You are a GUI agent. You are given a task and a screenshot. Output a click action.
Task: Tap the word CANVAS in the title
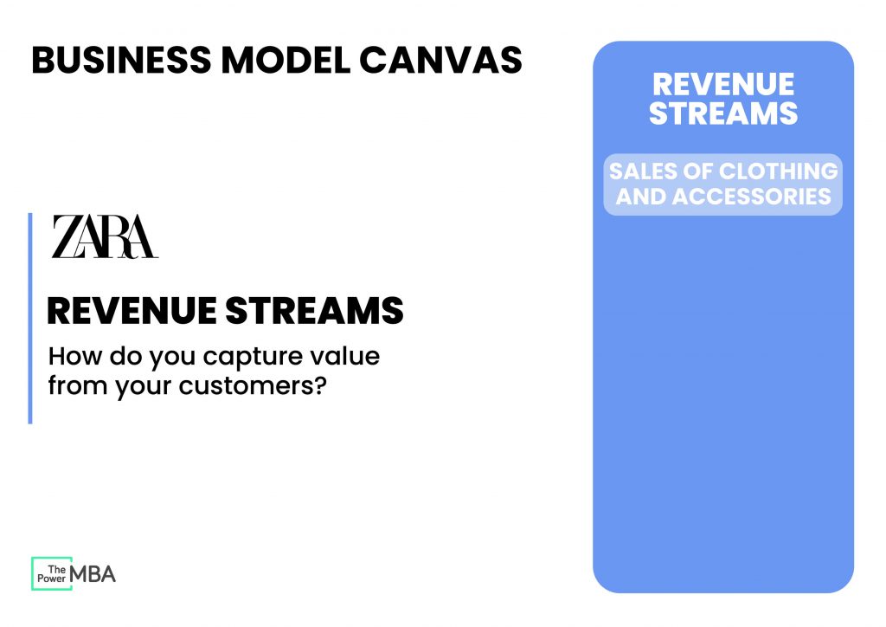pos(440,60)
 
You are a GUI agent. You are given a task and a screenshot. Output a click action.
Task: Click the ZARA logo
pos(105,236)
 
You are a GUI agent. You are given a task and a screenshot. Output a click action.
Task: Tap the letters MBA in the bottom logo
pos(93,573)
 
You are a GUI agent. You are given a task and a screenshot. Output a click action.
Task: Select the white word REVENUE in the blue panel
pos(722,85)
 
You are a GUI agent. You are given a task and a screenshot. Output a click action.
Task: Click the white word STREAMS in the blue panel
pos(722,113)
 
